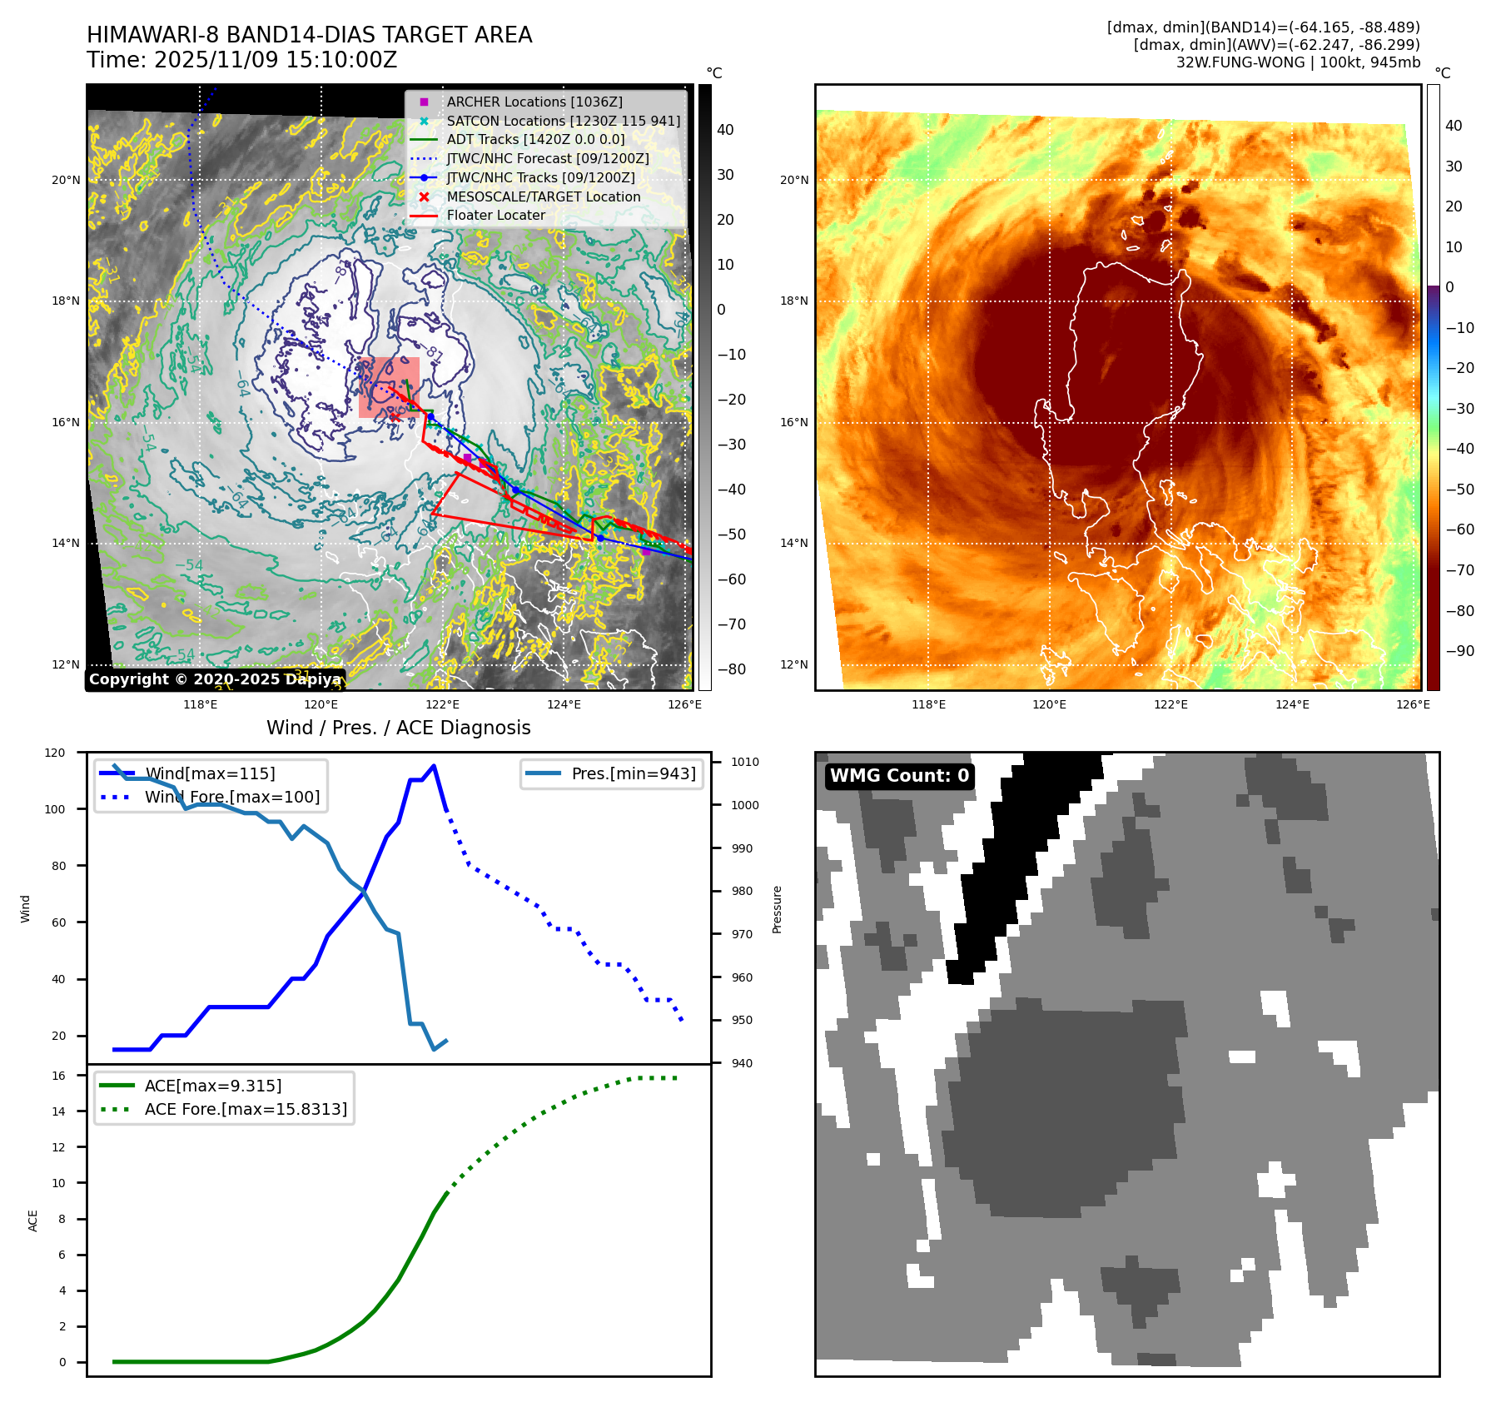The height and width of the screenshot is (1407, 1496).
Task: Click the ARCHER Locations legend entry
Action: pyautogui.click(x=534, y=102)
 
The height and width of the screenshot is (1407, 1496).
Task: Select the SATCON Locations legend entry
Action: pyautogui.click(x=563, y=121)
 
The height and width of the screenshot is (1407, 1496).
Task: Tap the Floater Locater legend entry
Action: pyautogui.click(x=495, y=215)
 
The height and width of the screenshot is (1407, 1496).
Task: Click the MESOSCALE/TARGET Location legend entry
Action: pyautogui.click(x=543, y=196)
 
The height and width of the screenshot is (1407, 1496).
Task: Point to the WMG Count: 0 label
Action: pyautogui.click(x=899, y=776)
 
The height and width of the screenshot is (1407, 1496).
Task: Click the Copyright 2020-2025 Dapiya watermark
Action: pyautogui.click(x=215, y=679)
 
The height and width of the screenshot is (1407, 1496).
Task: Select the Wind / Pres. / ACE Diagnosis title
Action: pyautogui.click(x=398, y=728)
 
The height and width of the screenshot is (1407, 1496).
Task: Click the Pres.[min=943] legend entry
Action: pyautogui.click(x=633, y=773)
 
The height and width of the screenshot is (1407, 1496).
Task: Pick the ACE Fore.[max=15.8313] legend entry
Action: pyautogui.click(x=245, y=1109)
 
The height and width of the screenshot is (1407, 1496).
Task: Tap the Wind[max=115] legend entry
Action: pyautogui.click(x=209, y=773)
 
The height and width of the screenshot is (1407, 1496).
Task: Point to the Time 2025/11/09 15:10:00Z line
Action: pyautogui.click(x=241, y=61)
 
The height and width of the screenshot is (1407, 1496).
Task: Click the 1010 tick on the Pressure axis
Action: pyautogui.click(x=744, y=762)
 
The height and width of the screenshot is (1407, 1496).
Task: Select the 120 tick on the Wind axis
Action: pyautogui.click(x=55, y=753)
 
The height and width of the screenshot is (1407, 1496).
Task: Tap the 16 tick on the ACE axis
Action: pyautogui.click(x=58, y=1076)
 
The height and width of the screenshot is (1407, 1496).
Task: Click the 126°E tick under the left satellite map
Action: pyautogui.click(x=684, y=704)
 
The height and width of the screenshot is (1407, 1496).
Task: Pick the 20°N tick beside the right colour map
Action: pyautogui.click(x=793, y=180)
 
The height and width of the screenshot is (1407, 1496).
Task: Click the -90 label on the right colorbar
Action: pyautogui.click(x=1459, y=651)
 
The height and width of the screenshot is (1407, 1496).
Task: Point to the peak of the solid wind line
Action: pyautogui.click(x=434, y=766)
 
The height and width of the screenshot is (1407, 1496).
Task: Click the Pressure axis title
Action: pyautogui.click(x=777, y=909)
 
